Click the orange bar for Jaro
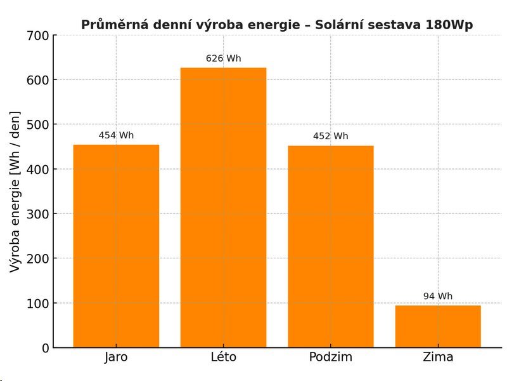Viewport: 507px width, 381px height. coord(116,246)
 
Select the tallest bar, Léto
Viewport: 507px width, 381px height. coord(223,208)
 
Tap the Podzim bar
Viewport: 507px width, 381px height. coord(331,247)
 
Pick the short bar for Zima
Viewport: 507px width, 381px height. coord(438,326)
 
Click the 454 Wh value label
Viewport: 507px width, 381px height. coord(116,135)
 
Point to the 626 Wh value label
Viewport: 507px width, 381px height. coord(223,58)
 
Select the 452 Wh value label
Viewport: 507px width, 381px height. coord(331,136)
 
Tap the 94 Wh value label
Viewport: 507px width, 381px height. coord(438,296)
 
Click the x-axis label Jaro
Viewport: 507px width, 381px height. coord(116,357)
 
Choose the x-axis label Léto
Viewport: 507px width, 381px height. coord(223,357)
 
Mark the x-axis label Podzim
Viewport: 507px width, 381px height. coord(331,357)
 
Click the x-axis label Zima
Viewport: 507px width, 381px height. coord(438,357)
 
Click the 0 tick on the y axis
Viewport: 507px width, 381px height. coord(45,348)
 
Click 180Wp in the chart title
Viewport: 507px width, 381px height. coord(449,25)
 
